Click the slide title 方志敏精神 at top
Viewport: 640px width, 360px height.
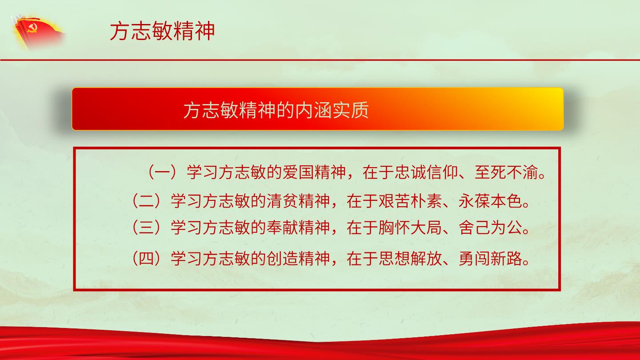tap(162, 31)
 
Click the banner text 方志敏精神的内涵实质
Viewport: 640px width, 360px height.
tap(276, 110)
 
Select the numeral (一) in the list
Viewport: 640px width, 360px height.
tap(163, 172)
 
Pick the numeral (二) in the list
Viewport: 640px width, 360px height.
tap(147, 201)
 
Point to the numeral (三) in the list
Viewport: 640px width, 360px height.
tap(147, 228)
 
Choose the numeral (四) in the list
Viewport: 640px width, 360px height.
tap(147, 258)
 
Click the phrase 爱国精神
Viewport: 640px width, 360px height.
tap(314, 172)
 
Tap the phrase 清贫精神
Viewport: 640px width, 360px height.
tap(298, 201)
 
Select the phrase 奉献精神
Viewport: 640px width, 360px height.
tap(298, 228)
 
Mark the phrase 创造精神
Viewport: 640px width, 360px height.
tap(298, 258)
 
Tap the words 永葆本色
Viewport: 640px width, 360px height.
tap(490, 201)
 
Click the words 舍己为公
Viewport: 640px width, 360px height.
tap(490, 228)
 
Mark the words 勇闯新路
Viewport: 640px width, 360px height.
tap(490, 258)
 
